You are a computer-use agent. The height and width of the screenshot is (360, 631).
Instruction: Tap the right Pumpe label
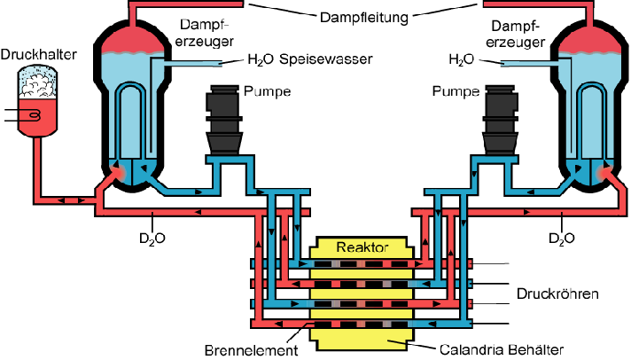(456, 90)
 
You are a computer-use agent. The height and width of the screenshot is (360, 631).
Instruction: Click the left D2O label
(153, 238)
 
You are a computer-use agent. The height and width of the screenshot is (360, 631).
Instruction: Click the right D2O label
(563, 238)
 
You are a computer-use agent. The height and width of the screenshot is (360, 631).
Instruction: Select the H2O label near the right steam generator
(463, 60)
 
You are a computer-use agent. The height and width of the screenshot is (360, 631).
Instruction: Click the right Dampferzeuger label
(516, 34)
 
